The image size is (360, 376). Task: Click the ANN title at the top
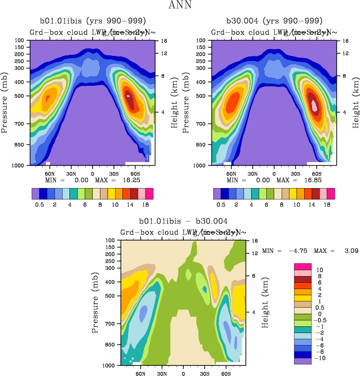(180, 6)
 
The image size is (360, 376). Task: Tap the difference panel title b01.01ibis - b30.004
(183, 222)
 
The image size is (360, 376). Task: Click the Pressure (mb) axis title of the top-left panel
(5, 103)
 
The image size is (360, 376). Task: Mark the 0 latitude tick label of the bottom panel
(183, 374)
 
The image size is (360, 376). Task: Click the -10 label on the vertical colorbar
(320, 358)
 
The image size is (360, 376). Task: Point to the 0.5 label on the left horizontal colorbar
(41, 206)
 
